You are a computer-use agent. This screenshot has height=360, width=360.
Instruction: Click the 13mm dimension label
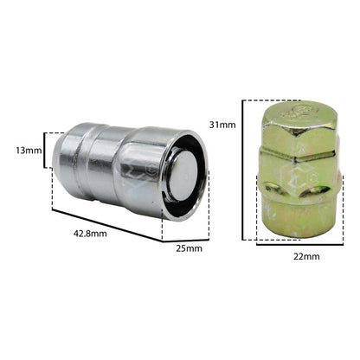(x=29, y=151)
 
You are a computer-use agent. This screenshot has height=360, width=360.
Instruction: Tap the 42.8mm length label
(x=90, y=234)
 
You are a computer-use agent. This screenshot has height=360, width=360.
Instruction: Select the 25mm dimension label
(x=190, y=248)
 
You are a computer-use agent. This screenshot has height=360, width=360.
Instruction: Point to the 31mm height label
(x=222, y=125)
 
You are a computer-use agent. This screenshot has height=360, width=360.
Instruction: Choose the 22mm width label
(x=306, y=256)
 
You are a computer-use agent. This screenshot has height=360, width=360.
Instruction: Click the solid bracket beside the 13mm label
(x=45, y=150)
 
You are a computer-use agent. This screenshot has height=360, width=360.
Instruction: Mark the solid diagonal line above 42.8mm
(x=107, y=226)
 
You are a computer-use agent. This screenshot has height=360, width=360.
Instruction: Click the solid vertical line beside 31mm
(x=243, y=170)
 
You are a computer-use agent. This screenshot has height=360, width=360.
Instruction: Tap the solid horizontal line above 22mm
(x=299, y=244)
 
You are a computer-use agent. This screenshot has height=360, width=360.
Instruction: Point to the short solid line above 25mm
(x=186, y=241)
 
